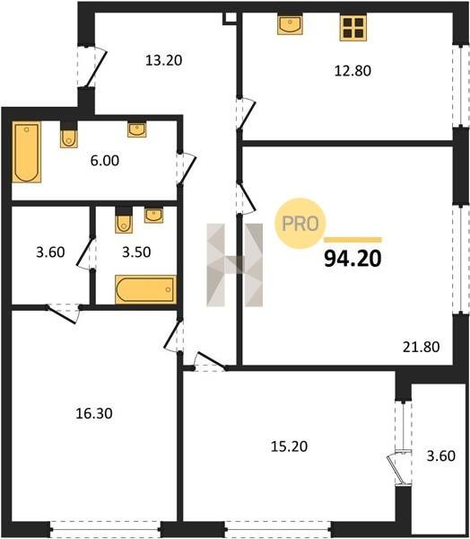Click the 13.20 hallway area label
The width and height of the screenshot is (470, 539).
pyautogui.click(x=164, y=60)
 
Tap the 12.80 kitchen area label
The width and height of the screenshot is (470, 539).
pyautogui.click(x=352, y=71)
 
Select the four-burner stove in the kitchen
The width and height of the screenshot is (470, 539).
pyautogui.click(x=352, y=28)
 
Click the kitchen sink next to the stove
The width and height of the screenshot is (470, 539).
pyautogui.click(x=290, y=25)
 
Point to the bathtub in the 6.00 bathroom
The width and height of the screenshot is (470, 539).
pyautogui.click(x=27, y=152)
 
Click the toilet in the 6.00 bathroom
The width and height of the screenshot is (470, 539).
pyautogui.click(x=69, y=135)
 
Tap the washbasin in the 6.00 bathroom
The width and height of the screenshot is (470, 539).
pyautogui.click(x=137, y=129)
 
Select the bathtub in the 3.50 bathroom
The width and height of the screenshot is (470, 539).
pyautogui.click(x=146, y=289)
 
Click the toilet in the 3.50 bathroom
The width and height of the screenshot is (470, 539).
pyautogui.click(x=124, y=220)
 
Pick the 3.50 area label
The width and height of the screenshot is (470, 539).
pyautogui.click(x=136, y=252)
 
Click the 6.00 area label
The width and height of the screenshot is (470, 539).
pyautogui.click(x=105, y=161)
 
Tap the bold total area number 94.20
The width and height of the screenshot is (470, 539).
pyautogui.click(x=352, y=259)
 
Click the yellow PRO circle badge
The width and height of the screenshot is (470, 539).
pyautogui.click(x=300, y=224)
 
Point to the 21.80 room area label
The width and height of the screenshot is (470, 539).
pyautogui.click(x=421, y=347)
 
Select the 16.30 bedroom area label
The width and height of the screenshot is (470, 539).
pyautogui.click(x=94, y=413)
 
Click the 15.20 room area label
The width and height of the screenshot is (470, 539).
pyautogui.click(x=289, y=446)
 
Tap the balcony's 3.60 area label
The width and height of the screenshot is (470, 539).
pyautogui.click(x=440, y=455)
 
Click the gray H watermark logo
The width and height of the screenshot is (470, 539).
pyautogui.click(x=234, y=265)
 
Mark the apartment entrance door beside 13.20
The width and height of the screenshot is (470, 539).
pyautogui.click(x=92, y=66)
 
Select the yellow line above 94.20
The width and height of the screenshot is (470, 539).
pyautogui.click(x=352, y=240)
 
